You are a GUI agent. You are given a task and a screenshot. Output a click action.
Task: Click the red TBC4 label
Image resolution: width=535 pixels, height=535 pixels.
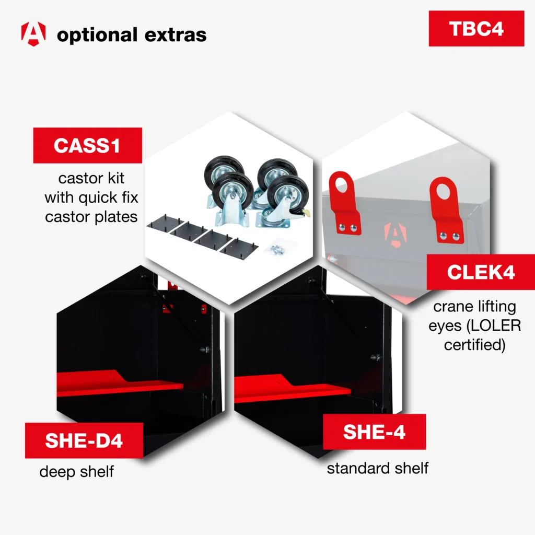click(x=476, y=29)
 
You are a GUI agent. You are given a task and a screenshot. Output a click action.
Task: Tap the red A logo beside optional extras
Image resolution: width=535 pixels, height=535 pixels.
click(x=33, y=34)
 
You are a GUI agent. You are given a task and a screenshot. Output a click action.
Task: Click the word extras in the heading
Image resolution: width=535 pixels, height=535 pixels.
click(x=176, y=35)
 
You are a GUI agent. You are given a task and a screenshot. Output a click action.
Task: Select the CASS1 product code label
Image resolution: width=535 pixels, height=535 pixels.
click(x=88, y=145)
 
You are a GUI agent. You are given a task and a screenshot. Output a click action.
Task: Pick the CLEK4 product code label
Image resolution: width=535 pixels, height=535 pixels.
click(x=481, y=272)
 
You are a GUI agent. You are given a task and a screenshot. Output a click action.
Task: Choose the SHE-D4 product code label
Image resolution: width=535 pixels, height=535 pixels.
click(x=84, y=440)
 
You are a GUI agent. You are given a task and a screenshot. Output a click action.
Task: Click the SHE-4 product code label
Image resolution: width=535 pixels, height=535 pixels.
click(x=374, y=432)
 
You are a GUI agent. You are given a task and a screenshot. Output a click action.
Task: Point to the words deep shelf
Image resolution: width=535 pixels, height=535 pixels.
click(x=77, y=472)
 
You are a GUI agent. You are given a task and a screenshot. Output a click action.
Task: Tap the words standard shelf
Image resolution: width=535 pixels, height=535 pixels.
click(x=378, y=468)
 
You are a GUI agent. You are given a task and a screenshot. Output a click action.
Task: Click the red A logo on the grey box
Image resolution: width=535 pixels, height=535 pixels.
click(x=396, y=234)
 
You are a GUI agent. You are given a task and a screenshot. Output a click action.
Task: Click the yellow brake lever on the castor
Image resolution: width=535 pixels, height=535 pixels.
click(x=306, y=213)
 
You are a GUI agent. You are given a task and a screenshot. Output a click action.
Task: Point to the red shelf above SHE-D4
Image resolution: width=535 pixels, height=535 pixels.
click(x=120, y=383)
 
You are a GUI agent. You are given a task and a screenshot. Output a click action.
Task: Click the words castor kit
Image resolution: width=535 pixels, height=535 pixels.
click(x=91, y=178)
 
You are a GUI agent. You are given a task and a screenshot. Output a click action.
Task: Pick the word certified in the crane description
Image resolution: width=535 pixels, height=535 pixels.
click(x=474, y=345)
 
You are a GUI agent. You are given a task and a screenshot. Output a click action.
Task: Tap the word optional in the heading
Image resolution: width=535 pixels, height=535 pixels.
click(x=97, y=36)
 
